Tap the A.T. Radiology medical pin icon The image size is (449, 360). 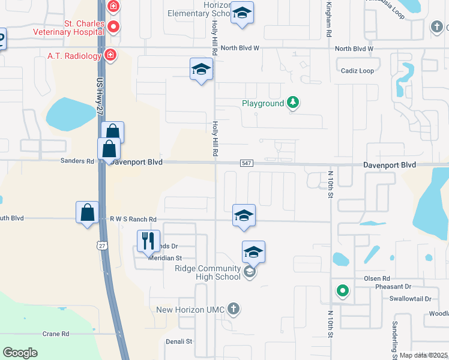coord(110,55)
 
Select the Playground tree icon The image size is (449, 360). coord(292,103)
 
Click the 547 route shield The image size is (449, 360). coord(247,163)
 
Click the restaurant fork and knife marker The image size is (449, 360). coord(148,241)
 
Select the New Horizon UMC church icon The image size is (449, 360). coord(234,310)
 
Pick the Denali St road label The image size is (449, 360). coord(178,341)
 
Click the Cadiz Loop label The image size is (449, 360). coord(357,71)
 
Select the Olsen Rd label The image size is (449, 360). coord(377,279)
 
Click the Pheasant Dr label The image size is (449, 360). coord(391,287)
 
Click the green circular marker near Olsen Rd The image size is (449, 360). coord(343,292)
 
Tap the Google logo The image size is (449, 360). coord(20,353)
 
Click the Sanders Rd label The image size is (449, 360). coord(77,161)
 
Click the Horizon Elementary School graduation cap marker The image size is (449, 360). coord(242,13)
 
